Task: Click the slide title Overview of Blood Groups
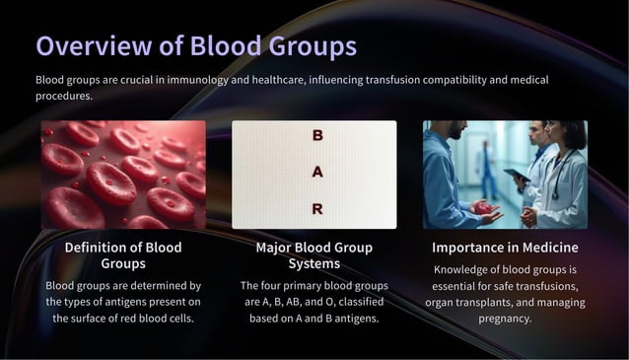point(196,46)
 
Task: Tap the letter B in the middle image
point(316,135)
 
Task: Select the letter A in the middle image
point(316,172)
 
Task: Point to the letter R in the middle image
point(316,209)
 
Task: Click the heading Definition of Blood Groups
point(123,255)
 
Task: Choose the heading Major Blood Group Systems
point(314,255)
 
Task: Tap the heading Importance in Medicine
point(505,247)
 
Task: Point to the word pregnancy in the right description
point(505,319)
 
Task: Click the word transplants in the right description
point(492,303)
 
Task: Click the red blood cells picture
point(123,175)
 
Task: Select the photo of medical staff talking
point(505,175)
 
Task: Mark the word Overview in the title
point(82,46)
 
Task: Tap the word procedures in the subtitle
point(65,96)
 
